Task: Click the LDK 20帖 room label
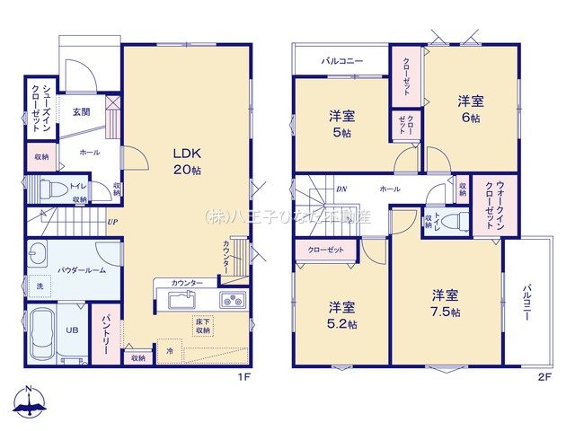[x=186, y=160]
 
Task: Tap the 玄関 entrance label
[x=81, y=112]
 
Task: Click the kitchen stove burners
[x=231, y=300]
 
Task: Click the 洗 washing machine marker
[x=39, y=286]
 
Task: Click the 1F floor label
[x=243, y=378]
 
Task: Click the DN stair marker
[x=341, y=189]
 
